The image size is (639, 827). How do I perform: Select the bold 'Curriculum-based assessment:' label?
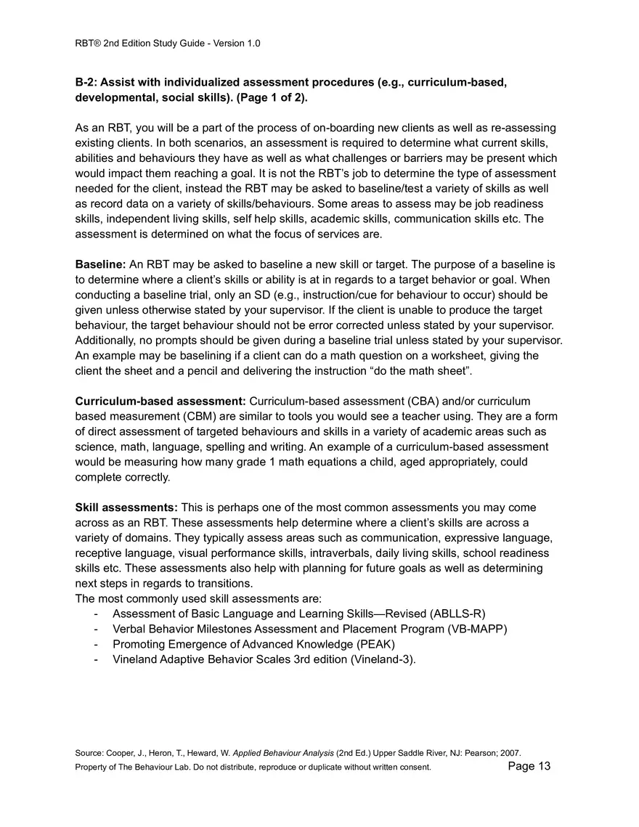pos(160,401)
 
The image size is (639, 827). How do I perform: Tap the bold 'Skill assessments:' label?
pos(126,508)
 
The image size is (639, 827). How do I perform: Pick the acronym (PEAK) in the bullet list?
pos(375,644)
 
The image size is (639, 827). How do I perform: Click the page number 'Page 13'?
pos(529,766)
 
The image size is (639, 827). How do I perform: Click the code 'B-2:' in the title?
pos(86,82)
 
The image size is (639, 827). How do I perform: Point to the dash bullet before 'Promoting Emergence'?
pos(97,644)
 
